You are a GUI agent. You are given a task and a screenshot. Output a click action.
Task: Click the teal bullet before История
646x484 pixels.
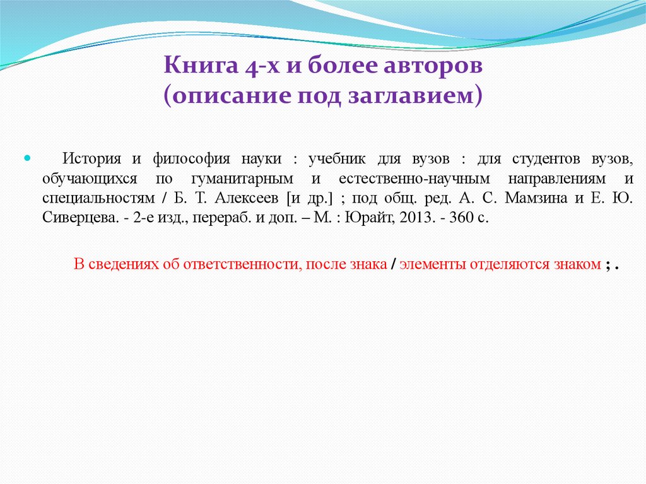coord(28,157)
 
